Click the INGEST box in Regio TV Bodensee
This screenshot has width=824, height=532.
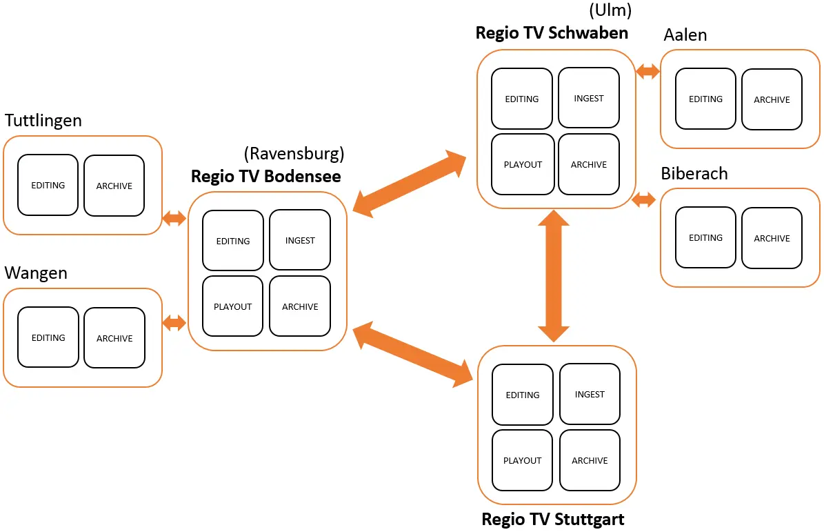[300, 240]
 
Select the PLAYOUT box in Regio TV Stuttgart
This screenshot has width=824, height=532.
[522, 460]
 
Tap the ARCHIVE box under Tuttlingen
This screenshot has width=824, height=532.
[114, 186]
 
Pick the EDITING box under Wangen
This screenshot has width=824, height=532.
[48, 337]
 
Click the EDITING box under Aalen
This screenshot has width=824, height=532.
[705, 99]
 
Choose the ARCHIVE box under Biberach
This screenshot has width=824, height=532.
[772, 238]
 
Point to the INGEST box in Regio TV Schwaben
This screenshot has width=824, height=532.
[589, 98]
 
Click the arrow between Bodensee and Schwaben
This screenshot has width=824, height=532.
[412, 183]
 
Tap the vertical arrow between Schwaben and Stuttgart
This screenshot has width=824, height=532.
[554, 276]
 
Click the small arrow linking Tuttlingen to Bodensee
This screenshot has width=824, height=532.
[173, 219]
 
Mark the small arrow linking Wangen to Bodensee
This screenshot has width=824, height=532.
[173, 322]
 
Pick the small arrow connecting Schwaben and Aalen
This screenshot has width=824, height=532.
[647, 71]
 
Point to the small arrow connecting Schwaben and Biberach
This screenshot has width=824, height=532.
[644, 200]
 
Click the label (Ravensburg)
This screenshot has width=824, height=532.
[294, 153]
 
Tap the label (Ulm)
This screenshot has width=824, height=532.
[610, 10]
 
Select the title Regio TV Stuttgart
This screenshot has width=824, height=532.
[553, 519]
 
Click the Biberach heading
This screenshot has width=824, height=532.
[694, 173]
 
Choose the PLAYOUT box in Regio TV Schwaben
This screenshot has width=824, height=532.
[523, 164]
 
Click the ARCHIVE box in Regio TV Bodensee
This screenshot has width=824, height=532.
[300, 306]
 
